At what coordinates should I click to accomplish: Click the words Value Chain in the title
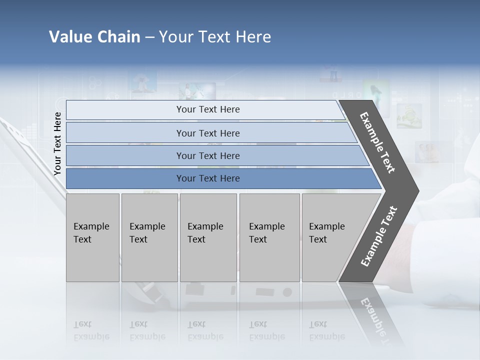pyautogui.click(x=94, y=37)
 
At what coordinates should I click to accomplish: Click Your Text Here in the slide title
pyautogui.click(x=215, y=37)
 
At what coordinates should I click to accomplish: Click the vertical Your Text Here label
pyautogui.click(x=57, y=143)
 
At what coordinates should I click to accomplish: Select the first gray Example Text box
pyautogui.click(x=92, y=237)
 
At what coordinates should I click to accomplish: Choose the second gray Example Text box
pyautogui.click(x=149, y=237)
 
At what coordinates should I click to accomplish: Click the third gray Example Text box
pyautogui.click(x=208, y=237)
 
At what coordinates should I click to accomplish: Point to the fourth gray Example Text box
pyautogui.click(x=269, y=237)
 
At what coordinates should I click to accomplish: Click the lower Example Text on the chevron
pyautogui.click(x=379, y=236)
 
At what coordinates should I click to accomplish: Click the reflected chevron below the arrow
pyautogui.click(x=372, y=315)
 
